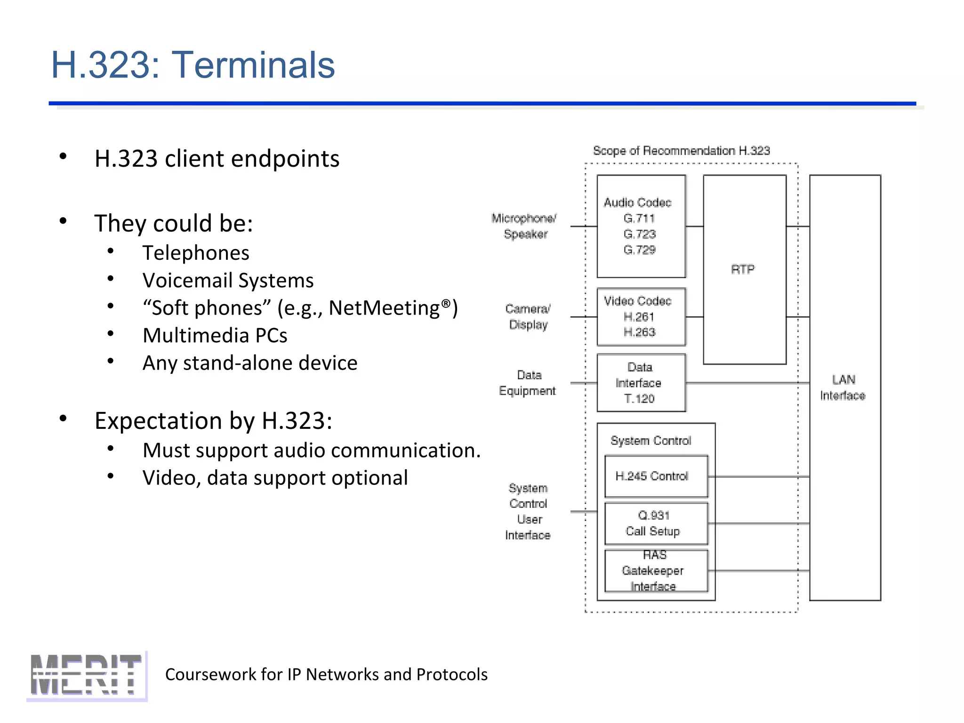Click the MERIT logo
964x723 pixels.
pyautogui.click(x=87, y=675)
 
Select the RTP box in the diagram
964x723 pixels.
pyautogui.click(x=744, y=269)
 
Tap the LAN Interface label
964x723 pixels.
pyautogui.click(x=843, y=387)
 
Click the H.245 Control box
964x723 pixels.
pyautogui.click(x=656, y=476)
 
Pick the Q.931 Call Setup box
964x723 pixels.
pyautogui.click(x=656, y=523)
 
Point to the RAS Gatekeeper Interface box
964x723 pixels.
pyautogui.click(x=656, y=570)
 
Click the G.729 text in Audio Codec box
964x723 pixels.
pyautogui.click(x=639, y=250)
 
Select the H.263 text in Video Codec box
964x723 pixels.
pyautogui.click(x=639, y=332)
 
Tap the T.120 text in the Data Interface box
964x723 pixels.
pyautogui.click(x=639, y=399)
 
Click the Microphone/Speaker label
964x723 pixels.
pyautogui.click(x=524, y=226)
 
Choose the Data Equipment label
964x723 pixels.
pyautogui.click(x=528, y=383)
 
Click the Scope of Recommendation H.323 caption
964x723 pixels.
pyautogui.click(x=681, y=151)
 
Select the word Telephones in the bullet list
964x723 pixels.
pyautogui.click(x=196, y=253)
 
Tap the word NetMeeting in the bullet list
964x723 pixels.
pyautogui.click(x=384, y=308)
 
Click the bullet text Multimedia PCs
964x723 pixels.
pyautogui.click(x=215, y=336)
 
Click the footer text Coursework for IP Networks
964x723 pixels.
pyautogui.click(x=326, y=675)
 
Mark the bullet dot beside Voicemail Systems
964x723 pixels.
pyautogui.click(x=111, y=279)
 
